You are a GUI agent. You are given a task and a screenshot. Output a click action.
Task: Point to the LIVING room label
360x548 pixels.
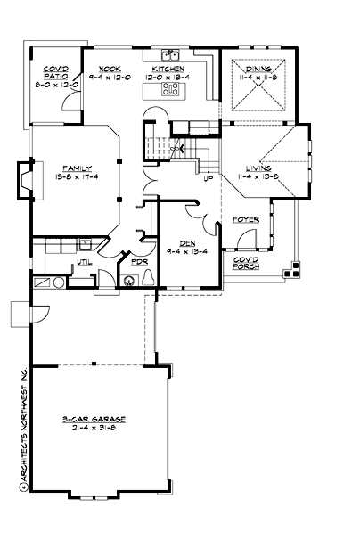click(258, 168)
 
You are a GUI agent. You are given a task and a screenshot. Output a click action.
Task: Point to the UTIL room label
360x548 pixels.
click(86, 262)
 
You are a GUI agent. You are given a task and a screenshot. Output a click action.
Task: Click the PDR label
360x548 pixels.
click(139, 262)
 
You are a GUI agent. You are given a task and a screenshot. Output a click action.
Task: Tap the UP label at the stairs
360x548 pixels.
click(209, 178)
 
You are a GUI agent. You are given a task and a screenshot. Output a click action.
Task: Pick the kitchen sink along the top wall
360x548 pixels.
click(169, 54)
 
